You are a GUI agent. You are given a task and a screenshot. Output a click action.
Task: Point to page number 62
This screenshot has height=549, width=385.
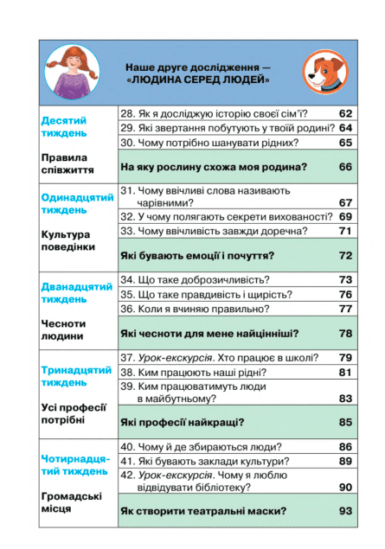346,114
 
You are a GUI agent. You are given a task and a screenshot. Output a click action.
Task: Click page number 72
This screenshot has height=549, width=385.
346,256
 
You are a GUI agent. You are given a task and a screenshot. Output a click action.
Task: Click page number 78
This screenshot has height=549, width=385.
346,333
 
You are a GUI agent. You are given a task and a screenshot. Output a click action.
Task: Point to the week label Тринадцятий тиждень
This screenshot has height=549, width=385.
76,376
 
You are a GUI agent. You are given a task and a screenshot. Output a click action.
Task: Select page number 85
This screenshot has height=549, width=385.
346,423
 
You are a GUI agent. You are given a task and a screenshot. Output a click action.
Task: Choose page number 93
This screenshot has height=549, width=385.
346,512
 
